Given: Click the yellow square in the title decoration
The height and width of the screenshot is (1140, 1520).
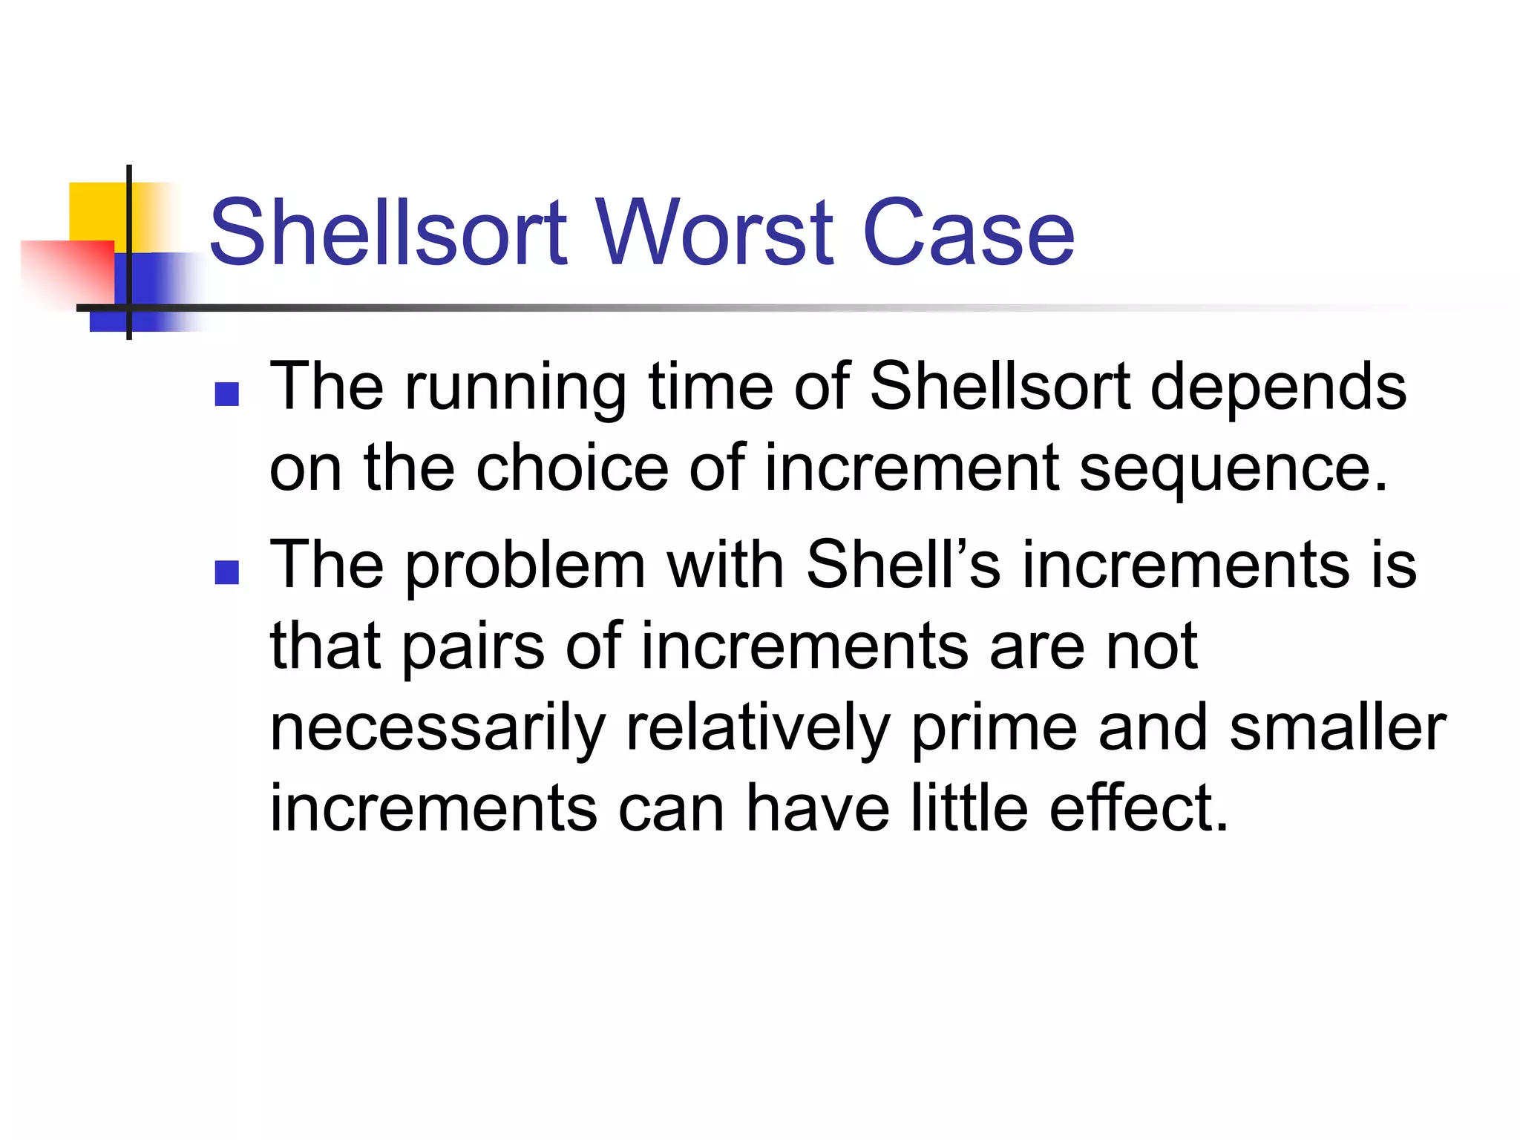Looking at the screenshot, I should point(96,211).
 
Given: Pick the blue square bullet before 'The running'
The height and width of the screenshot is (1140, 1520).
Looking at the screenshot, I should point(226,394).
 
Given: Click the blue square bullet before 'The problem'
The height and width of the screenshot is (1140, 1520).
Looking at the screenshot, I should point(226,572).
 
